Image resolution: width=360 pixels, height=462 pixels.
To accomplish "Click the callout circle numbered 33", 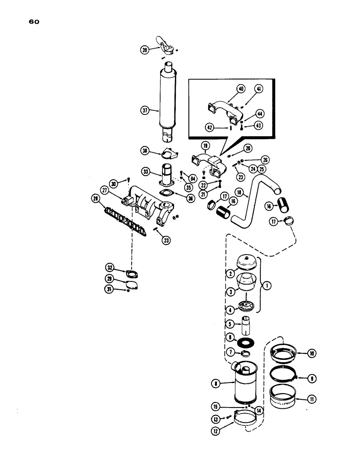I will pos(145,172).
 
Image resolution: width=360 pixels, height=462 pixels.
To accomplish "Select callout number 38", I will pos(145,150).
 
